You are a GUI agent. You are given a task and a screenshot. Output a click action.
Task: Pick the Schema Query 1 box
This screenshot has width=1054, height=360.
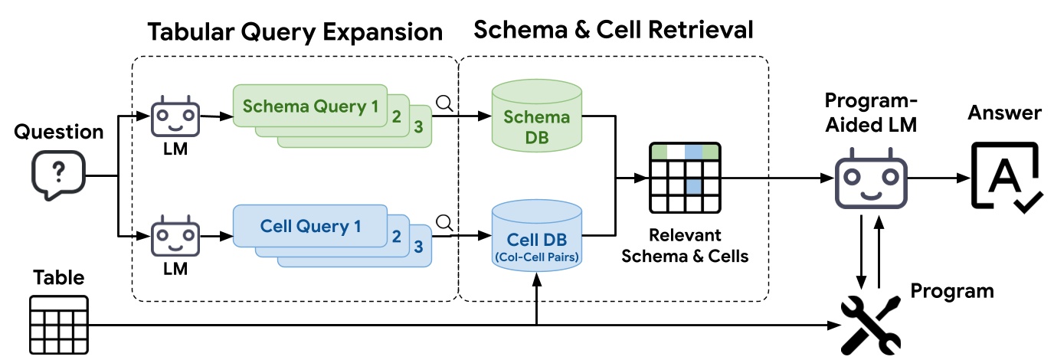(309, 106)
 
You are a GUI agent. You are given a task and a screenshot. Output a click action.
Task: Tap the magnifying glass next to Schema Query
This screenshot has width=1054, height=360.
(444, 102)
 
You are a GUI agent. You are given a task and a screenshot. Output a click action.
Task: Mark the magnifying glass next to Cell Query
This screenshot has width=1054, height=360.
(444, 222)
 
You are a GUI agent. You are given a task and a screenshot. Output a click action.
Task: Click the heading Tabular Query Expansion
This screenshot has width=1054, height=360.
(295, 32)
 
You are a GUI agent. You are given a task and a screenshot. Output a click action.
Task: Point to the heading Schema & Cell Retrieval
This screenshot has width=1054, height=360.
(613, 30)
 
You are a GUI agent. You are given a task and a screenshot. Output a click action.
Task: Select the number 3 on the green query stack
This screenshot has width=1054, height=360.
(417, 126)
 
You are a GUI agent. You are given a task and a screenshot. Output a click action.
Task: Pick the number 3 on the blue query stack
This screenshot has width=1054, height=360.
(417, 247)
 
